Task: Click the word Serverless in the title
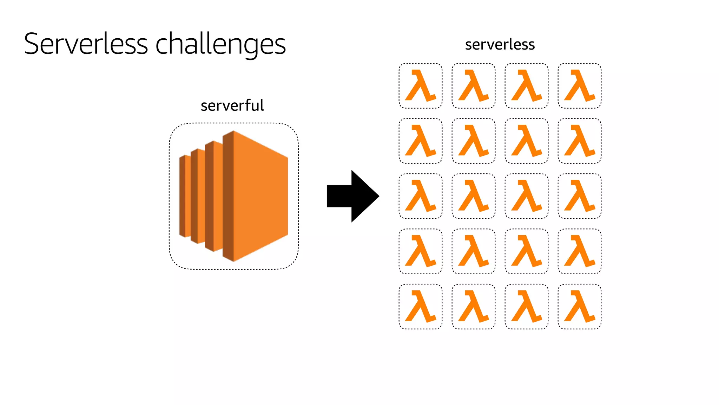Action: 86,44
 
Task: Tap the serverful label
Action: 232,105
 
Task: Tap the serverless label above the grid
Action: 500,45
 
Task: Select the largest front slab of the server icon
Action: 260,196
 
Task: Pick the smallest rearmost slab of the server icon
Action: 185,196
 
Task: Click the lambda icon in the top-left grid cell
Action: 421,86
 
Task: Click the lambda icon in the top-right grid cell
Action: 579,86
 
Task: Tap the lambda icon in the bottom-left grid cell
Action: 421,307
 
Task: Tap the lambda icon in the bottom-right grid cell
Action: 579,307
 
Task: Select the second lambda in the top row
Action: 474,86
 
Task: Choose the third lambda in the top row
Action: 527,86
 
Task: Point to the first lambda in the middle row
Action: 421,196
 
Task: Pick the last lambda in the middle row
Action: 579,196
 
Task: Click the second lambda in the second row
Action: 474,141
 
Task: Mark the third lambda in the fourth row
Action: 527,251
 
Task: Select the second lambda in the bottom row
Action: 474,307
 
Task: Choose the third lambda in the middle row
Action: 527,196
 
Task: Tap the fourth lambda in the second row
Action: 579,141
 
